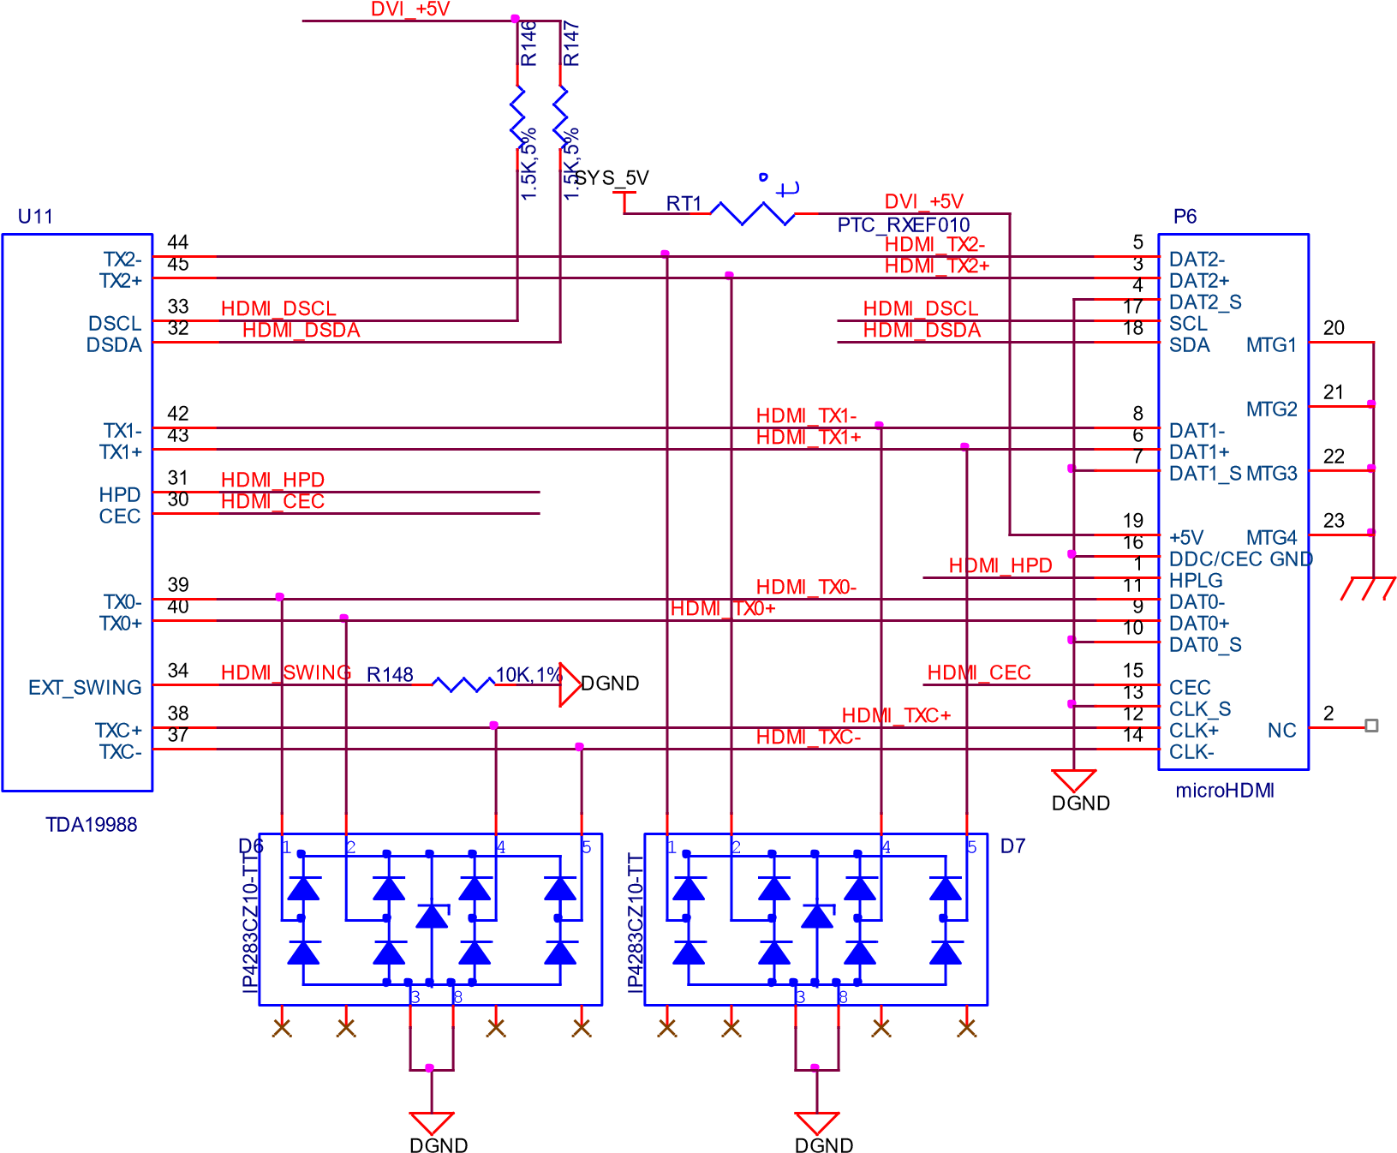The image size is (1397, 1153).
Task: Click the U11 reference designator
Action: pyautogui.click(x=35, y=217)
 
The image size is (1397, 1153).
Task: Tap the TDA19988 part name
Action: pyautogui.click(x=91, y=825)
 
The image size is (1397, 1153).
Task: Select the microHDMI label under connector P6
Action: pyautogui.click(x=1225, y=791)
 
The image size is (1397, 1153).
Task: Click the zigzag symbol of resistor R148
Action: pyautogui.click(x=463, y=684)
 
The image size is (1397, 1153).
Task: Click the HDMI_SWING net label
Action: pyautogui.click(x=286, y=673)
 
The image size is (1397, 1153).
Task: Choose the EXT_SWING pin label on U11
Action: pyautogui.click(x=85, y=688)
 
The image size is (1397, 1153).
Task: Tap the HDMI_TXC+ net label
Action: pyautogui.click(x=896, y=716)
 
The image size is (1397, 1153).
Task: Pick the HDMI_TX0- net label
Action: pyautogui.click(x=806, y=588)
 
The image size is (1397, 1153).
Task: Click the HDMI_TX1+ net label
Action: pyautogui.click(x=808, y=438)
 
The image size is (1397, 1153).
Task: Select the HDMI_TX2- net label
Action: pyautogui.click(x=934, y=245)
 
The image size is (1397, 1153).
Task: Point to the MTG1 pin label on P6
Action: pyautogui.click(x=1271, y=345)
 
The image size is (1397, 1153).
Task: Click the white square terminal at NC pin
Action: pyautogui.click(x=1371, y=726)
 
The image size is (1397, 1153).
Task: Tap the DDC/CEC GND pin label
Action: pyautogui.click(x=1240, y=559)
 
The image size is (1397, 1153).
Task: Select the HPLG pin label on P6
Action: pyautogui.click(x=1196, y=581)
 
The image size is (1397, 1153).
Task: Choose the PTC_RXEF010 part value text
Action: pyautogui.click(x=904, y=225)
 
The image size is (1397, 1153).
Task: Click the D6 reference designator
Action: pyautogui.click(x=249, y=846)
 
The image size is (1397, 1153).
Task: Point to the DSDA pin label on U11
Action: pyautogui.click(x=114, y=345)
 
